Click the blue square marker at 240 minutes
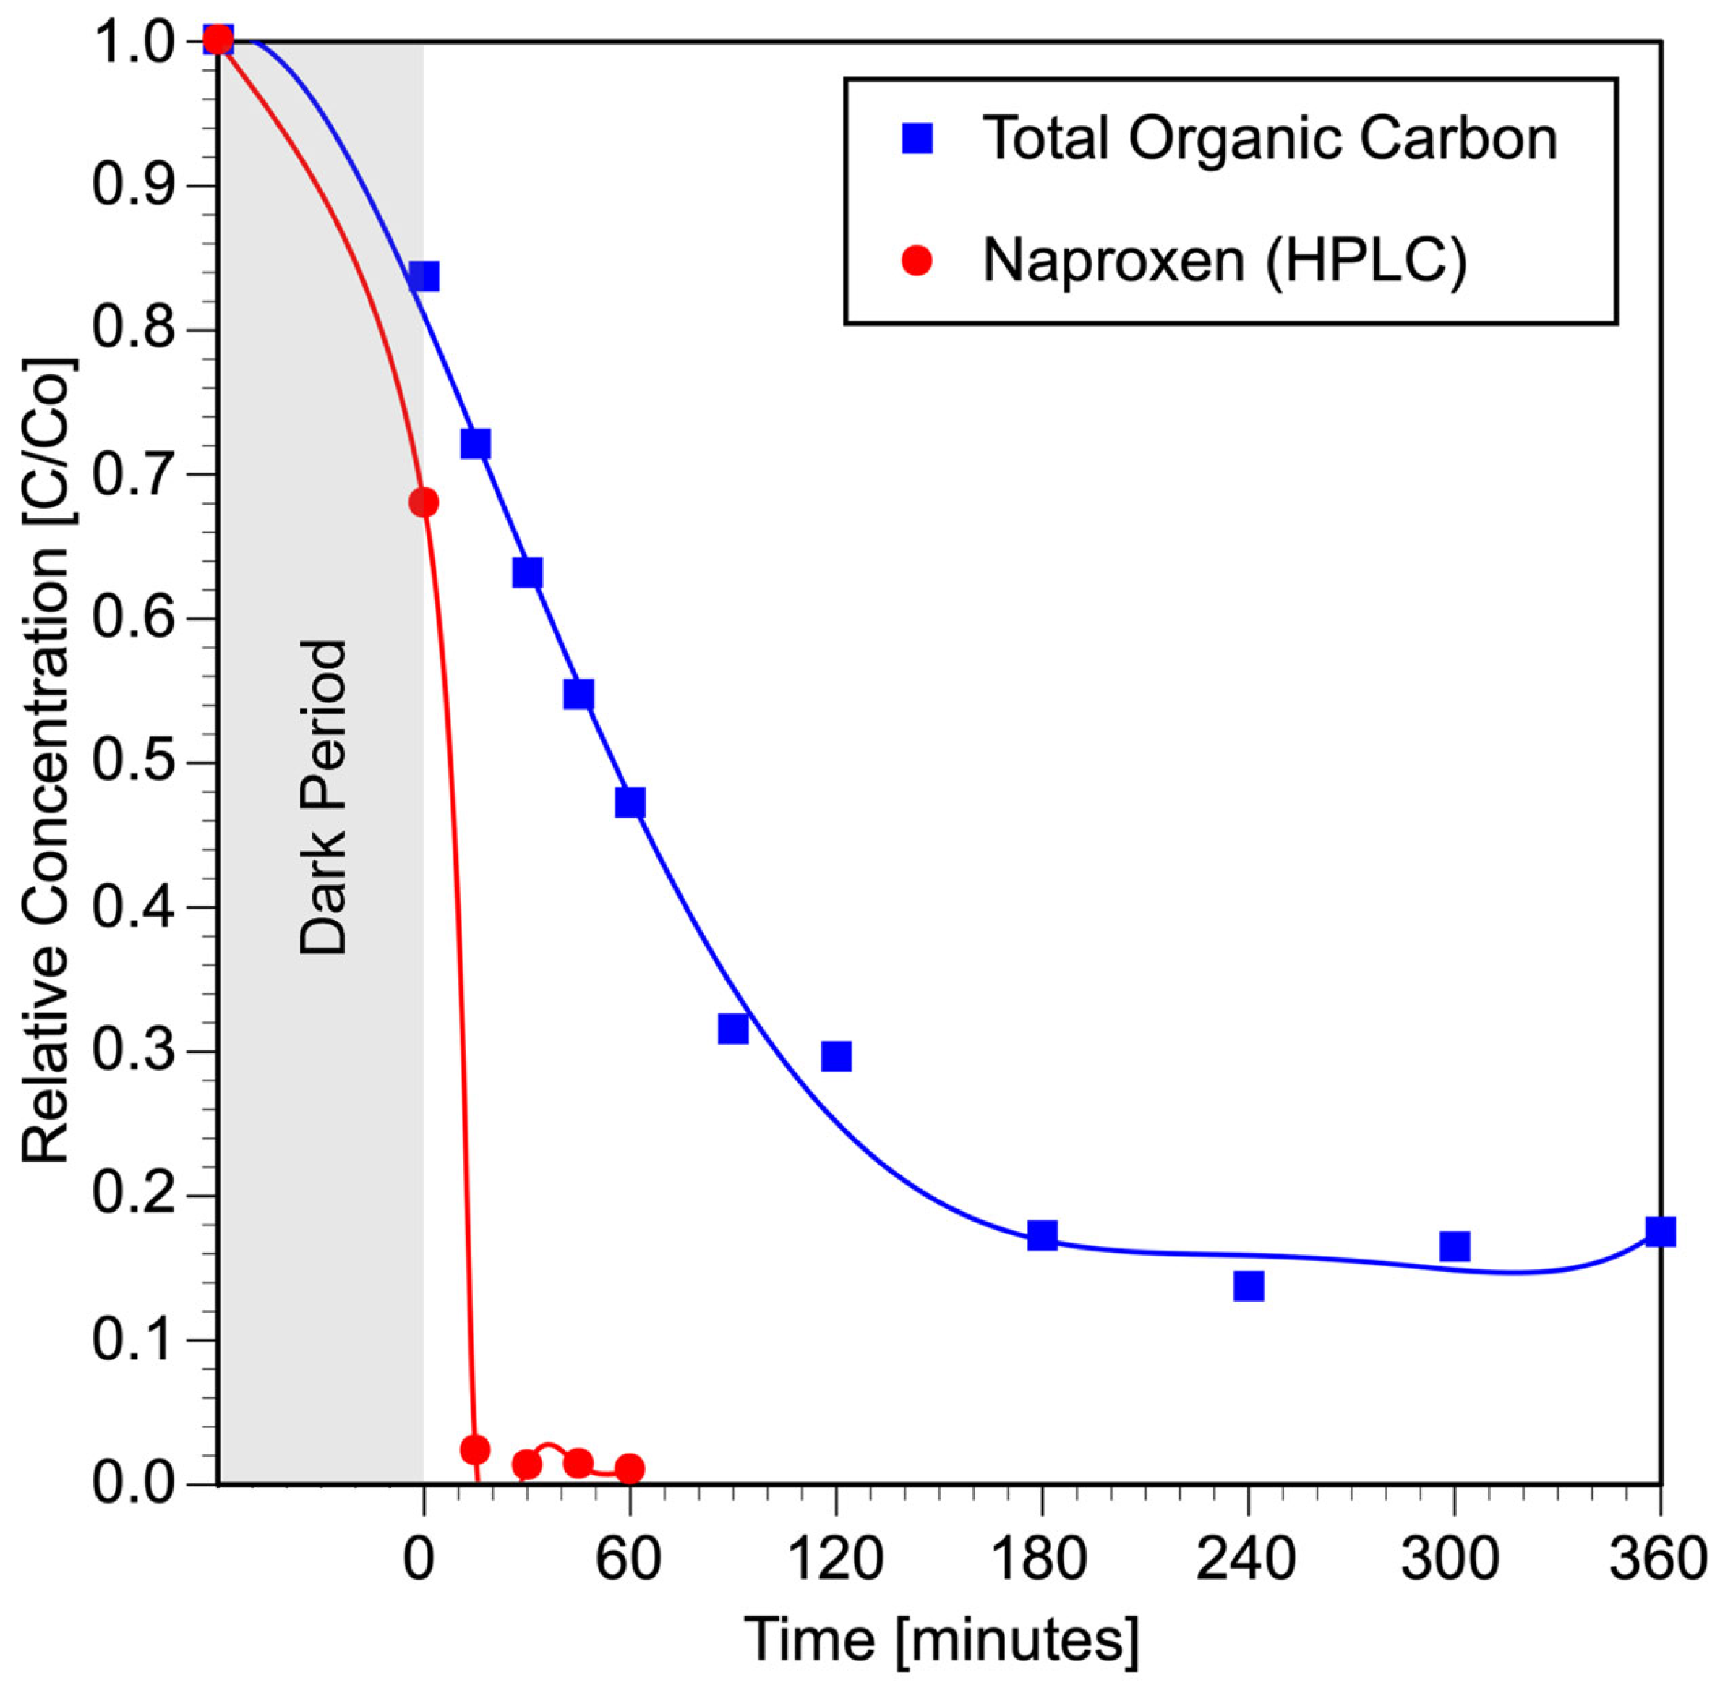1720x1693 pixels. [x=1248, y=1286]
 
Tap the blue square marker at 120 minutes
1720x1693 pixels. [x=836, y=1056]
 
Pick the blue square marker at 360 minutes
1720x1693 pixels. [x=1659, y=1232]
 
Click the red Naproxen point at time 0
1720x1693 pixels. [x=424, y=502]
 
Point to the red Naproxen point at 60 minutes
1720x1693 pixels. [x=630, y=1469]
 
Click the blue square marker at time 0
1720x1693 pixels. [x=424, y=277]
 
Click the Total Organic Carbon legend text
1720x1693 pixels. [x=1269, y=139]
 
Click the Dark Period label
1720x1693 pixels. [x=322, y=797]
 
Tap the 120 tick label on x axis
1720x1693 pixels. [x=835, y=1559]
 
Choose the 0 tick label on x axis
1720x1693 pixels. [x=419, y=1559]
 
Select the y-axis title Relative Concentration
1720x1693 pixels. [x=46, y=760]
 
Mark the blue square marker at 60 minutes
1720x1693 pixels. [x=630, y=802]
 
